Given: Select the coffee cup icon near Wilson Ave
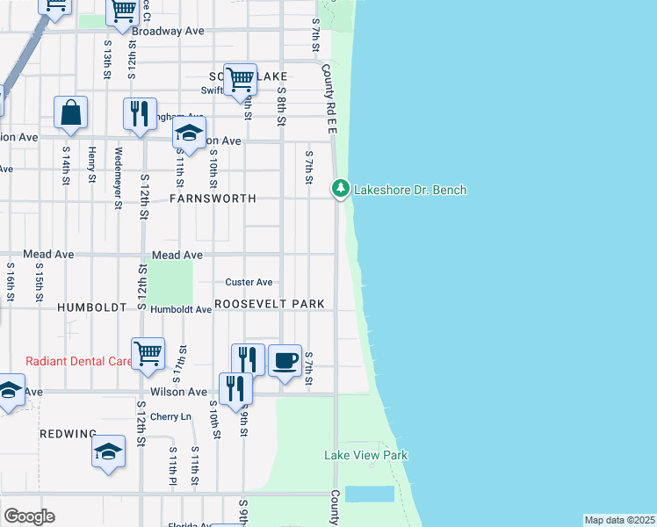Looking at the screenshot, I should [x=285, y=360].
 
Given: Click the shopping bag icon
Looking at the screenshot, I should [x=70, y=112].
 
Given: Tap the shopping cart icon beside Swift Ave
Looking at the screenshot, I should [x=240, y=79].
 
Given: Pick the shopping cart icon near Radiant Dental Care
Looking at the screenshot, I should [x=148, y=353].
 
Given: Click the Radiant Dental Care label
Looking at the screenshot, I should [x=77, y=361].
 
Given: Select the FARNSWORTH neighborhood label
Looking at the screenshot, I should [x=212, y=199].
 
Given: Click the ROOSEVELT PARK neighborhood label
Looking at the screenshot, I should [x=270, y=304].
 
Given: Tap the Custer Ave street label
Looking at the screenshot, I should [x=249, y=282].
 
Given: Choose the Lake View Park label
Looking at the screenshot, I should [x=365, y=455].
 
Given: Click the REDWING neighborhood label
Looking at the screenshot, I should [x=68, y=435].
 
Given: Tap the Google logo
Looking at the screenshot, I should [x=29, y=516].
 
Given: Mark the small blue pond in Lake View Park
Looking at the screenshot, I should [x=369, y=494].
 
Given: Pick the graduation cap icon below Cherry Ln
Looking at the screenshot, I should [x=108, y=451].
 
